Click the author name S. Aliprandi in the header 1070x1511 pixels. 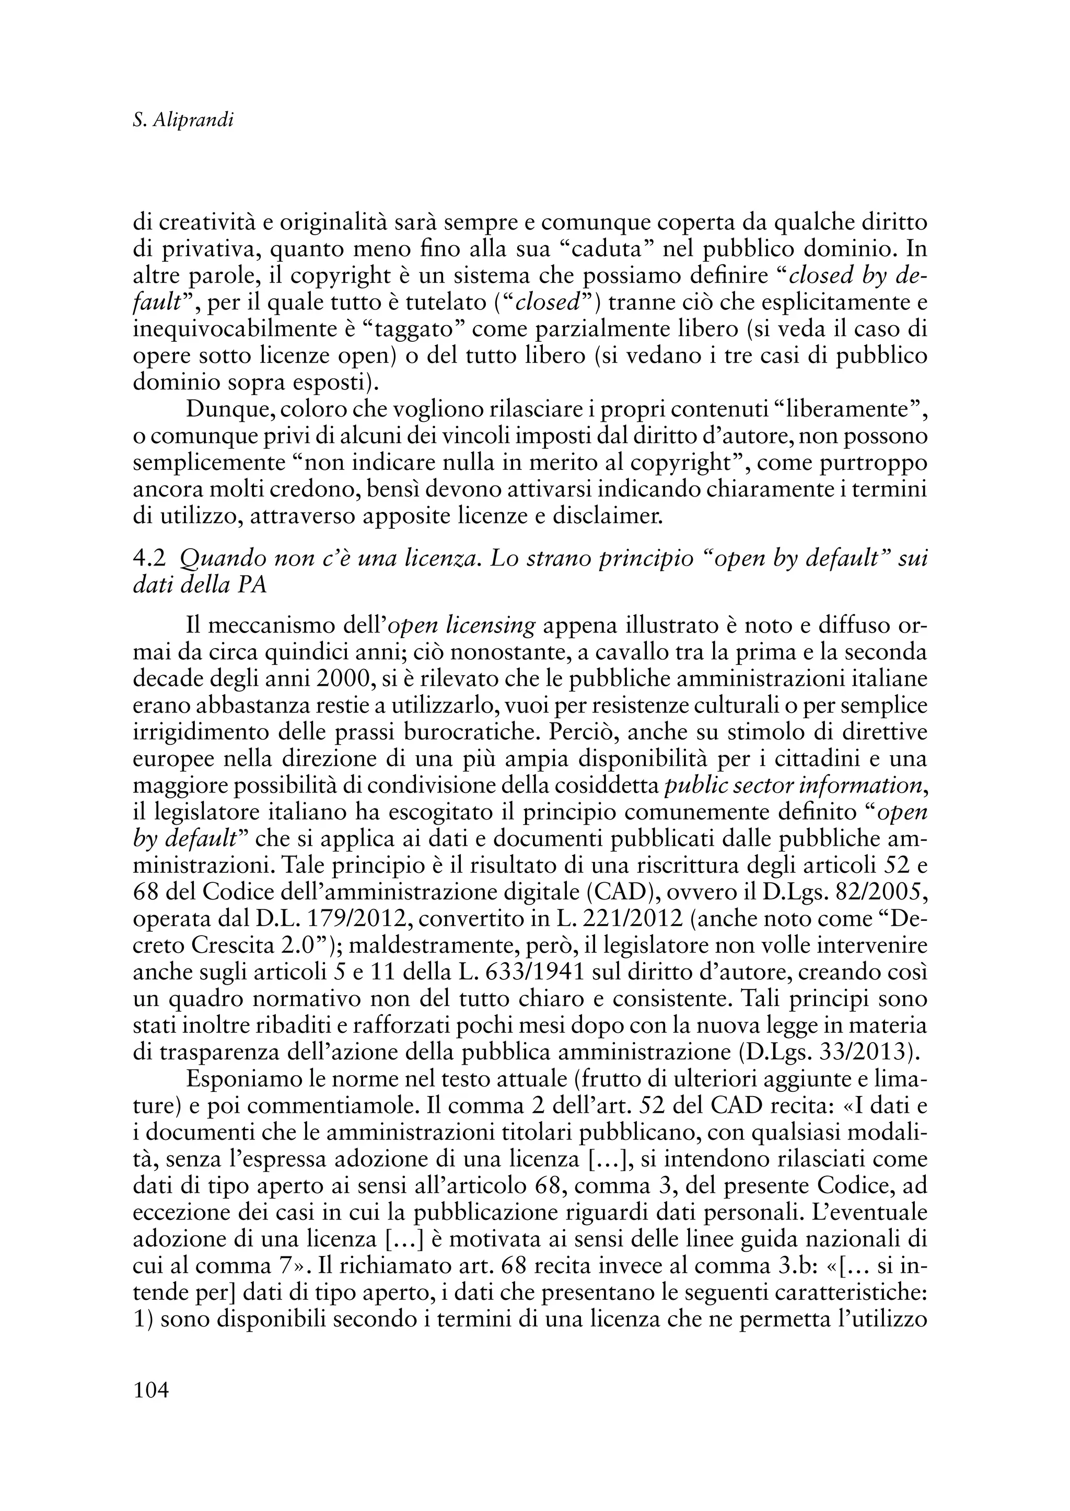point(183,121)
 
